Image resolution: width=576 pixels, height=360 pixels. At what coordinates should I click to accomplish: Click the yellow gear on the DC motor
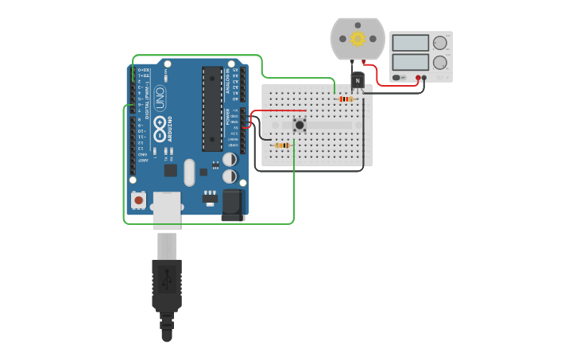358,38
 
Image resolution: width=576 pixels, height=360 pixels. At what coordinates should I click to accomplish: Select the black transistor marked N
358,80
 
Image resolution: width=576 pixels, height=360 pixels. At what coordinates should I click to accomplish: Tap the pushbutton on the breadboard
300,124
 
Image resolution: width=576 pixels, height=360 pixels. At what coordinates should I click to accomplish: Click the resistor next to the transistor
345,99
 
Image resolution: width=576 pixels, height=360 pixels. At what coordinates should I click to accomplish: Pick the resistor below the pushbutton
281,145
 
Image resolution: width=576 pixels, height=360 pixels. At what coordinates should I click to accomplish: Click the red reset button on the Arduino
139,200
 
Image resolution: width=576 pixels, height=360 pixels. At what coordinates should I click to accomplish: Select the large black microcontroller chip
211,108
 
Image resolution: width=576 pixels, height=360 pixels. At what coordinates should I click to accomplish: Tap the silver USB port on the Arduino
167,210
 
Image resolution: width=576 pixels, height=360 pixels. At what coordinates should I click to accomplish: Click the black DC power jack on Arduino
233,204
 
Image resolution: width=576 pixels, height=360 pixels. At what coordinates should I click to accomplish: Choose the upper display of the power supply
410,42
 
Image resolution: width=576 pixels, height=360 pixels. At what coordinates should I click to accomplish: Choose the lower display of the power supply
410,61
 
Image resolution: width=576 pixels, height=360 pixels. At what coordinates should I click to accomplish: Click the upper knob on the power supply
439,43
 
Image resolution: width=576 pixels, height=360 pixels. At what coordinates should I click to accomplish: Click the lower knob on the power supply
439,62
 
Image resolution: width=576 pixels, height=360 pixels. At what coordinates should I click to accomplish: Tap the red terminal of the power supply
418,78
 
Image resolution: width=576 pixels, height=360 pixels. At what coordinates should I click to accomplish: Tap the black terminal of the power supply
424,78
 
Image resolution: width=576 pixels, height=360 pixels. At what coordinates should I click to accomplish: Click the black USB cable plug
167,282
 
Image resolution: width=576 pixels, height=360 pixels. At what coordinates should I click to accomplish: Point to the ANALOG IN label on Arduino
228,80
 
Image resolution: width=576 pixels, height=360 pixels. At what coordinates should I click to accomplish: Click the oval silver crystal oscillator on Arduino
189,172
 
